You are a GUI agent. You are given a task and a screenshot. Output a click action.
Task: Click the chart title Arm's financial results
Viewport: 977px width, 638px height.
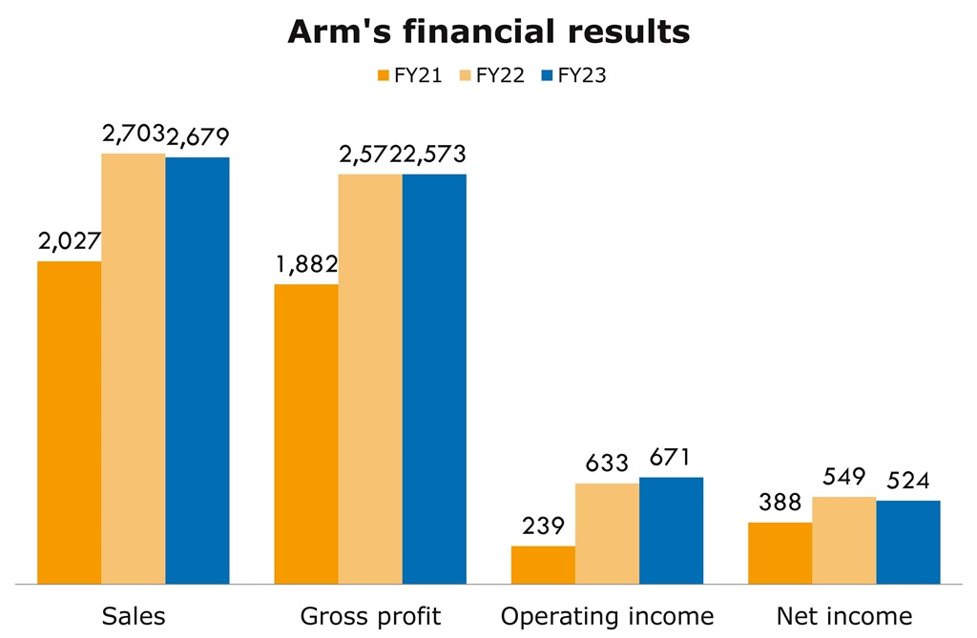point(488,31)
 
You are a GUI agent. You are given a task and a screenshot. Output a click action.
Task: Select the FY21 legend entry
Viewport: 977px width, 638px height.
point(409,76)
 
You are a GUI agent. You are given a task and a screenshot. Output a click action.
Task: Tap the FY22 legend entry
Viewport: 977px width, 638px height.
point(492,76)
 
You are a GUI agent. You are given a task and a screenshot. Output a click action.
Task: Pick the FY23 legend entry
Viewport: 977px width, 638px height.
point(573,76)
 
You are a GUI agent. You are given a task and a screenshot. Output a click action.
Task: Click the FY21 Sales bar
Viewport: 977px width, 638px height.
point(69,422)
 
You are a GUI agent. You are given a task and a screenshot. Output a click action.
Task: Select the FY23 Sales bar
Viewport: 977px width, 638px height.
point(197,370)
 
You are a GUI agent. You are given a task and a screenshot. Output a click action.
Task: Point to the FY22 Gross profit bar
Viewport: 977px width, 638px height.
point(370,379)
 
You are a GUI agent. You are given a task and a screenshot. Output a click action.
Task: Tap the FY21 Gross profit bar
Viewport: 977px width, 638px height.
point(306,433)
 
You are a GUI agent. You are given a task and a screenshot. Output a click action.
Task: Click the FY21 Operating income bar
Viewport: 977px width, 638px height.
point(543,565)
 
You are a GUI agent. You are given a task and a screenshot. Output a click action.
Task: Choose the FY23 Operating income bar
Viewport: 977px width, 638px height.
point(671,530)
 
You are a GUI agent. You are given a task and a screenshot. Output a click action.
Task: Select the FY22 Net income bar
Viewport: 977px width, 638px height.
point(844,540)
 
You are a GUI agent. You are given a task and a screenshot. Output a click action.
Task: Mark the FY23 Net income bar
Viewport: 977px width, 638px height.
point(908,542)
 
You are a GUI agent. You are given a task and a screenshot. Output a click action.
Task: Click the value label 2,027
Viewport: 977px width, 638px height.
point(70,242)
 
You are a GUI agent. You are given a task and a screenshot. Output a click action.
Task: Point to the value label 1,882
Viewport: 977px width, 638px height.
point(306,265)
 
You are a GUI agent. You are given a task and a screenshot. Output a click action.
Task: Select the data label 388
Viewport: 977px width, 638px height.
point(780,504)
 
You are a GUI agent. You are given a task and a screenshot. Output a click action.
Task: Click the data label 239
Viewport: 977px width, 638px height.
point(543,526)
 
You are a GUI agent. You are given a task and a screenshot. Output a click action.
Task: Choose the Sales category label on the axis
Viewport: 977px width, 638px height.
point(134,615)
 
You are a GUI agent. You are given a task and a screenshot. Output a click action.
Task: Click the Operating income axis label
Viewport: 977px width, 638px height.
point(607,615)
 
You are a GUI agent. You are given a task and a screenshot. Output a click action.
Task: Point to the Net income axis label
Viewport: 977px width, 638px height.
point(844,615)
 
